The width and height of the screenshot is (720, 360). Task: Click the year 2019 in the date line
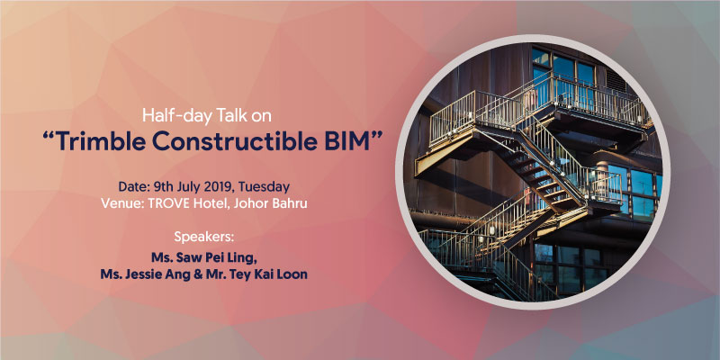click(x=218, y=187)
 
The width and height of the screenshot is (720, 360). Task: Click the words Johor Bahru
click(x=271, y=204)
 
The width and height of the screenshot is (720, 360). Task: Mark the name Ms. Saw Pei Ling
click(x=204, y=258)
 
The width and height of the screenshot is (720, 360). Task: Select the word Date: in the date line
click(x=132, y=187)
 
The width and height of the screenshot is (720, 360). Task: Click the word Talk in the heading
click(x=227, y=115)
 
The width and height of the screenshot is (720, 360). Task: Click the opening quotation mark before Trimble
click(x=49, y=136)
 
